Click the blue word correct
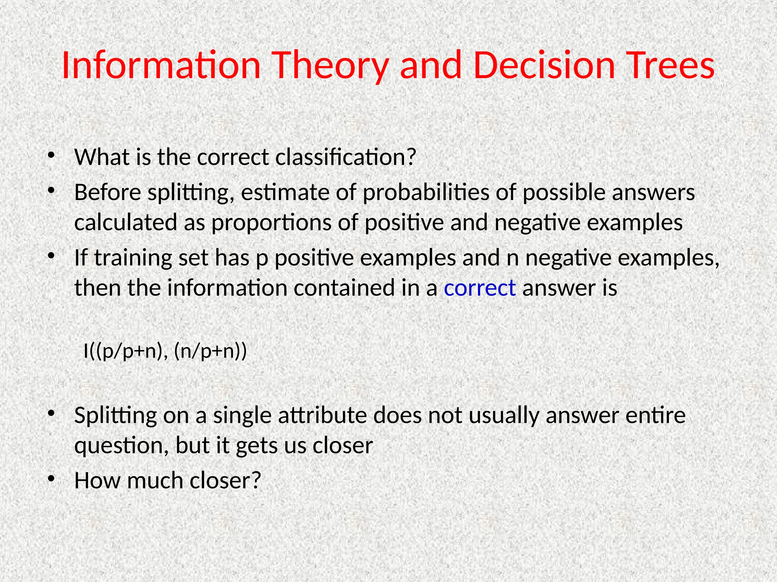[480, 288]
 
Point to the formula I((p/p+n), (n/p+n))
[165, 351]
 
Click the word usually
[503, 415]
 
